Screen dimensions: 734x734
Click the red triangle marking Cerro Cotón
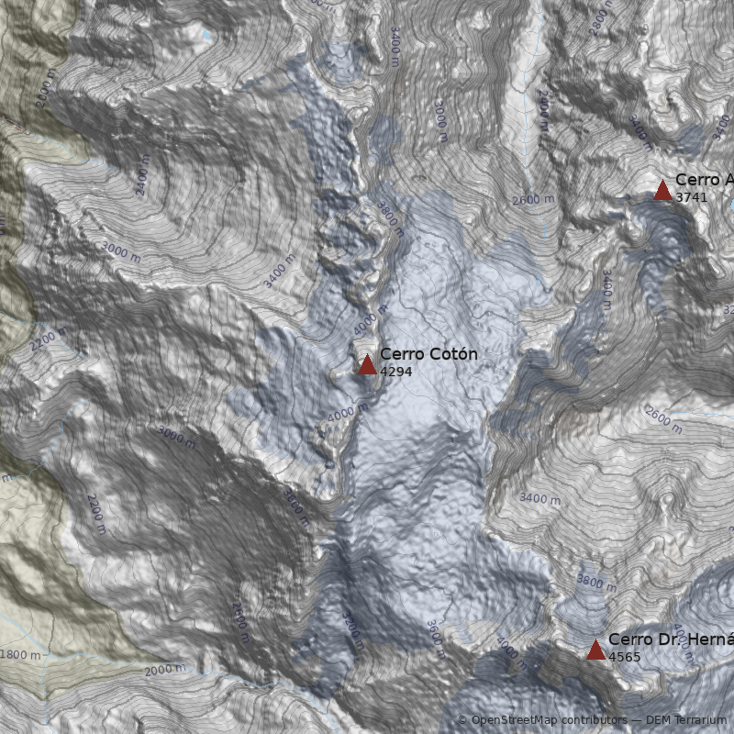click(367, 364)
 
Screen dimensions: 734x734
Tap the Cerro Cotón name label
click(428, 354)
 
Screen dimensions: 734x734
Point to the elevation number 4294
click(395, 372)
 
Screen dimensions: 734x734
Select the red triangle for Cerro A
click(662, 190)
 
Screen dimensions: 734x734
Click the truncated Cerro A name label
click(704, 180)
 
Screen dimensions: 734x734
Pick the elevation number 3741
click(691, 197)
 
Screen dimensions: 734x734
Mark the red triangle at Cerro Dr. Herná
click(595, 650)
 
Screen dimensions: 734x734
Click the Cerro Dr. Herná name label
click(670, 639)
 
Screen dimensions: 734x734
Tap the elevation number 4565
click(625, 657)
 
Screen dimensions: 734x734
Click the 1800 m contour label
click(20, 655)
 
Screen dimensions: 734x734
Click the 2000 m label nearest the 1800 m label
click(165, 671)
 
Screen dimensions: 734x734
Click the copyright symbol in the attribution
click(462, 721)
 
